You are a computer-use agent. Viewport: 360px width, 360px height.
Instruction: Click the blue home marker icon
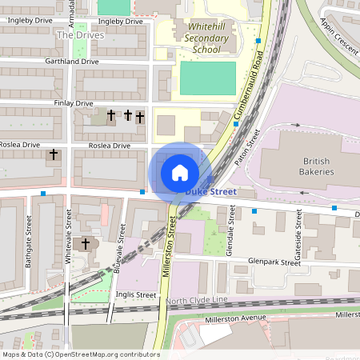click(180, 172)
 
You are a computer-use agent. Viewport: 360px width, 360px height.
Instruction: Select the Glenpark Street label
click(272, 261)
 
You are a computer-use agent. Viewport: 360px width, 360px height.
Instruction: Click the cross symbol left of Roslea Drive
click(54, 154)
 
